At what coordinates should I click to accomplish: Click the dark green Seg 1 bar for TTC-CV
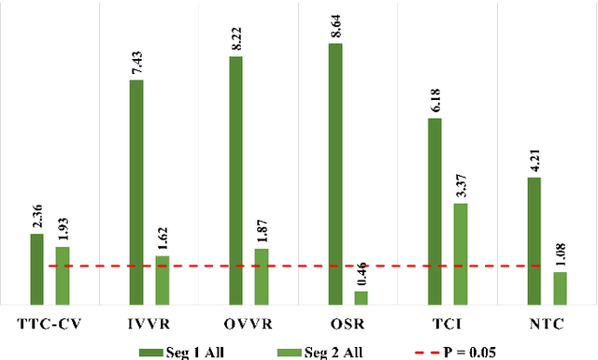click(36, 269)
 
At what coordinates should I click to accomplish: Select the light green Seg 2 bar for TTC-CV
click(63, 276)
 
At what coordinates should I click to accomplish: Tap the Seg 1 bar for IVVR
click(136, 193)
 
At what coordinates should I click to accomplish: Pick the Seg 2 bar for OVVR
click(262, 277)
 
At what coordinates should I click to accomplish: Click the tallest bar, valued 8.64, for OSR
click(335, 174)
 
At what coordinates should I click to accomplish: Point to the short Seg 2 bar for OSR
click(361, 298)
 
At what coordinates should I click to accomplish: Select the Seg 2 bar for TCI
click(461, 254)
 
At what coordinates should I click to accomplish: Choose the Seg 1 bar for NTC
click(534, 241)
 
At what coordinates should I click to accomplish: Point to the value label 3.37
click(461, 184)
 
